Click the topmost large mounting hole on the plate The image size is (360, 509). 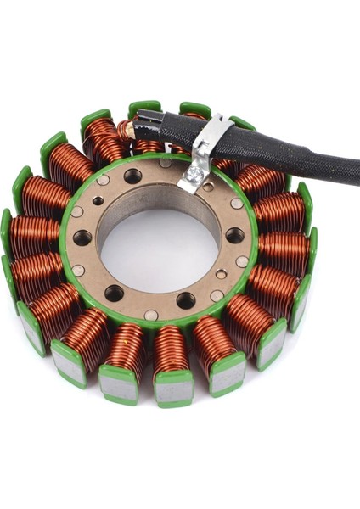tap(133, 176)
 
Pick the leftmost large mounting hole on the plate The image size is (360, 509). tap(82, 238)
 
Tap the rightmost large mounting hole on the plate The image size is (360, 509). tap(235, 235)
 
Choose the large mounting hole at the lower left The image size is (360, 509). tap(114, 294)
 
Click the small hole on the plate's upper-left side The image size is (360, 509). tap(98, 201)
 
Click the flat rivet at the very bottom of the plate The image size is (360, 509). tap(151, 315)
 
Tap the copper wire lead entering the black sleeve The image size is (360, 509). tap(127, 130)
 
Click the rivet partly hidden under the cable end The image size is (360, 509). tap(166, 163)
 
